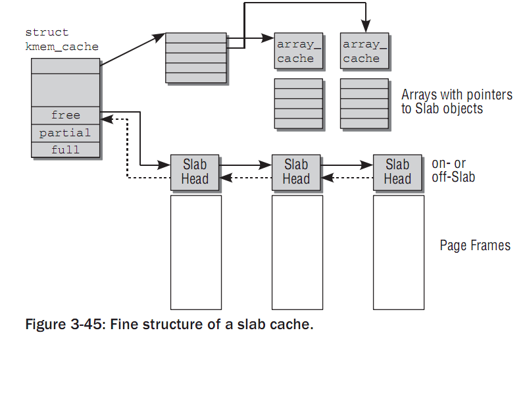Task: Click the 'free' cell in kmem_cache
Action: click(x=66, y=115)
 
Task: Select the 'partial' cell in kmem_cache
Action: click(x=66, y=133)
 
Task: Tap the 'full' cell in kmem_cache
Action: click(x=66, y=149)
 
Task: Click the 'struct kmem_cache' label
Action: click(x=62, y=39)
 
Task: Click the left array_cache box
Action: click(x=298, y=51)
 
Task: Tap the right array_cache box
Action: click(x=364, y=51)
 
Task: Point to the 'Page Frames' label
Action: click(x=474, y=246)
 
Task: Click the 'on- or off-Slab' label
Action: click(x=453, y=170)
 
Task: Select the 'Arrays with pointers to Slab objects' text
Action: click(x=456, y=101)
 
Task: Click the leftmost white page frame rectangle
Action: click(x=195, y=251)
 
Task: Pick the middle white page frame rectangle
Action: click(x=297, y=251)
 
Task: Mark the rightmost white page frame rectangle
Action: click(x=397, y=251)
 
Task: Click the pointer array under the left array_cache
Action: click(x=298, y=103)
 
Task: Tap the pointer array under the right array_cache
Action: click(x=364, y=103)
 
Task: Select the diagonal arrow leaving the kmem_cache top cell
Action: click(x=132, y=50)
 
